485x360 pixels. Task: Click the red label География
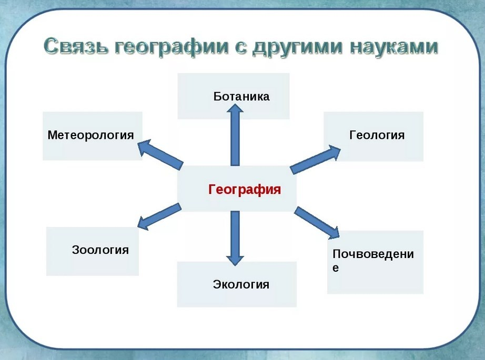pos(245,189)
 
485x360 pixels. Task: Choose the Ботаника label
pos(241,96)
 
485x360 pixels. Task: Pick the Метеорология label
pos(90,135)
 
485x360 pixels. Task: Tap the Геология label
pos(377,135)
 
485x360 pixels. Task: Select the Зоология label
pos(100,250)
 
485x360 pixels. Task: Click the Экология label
pos(241,285)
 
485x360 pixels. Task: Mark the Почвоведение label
pos(373,260)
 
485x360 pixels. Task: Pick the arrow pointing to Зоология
pos(160,216)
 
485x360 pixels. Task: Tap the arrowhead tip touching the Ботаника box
pos(235,106)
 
